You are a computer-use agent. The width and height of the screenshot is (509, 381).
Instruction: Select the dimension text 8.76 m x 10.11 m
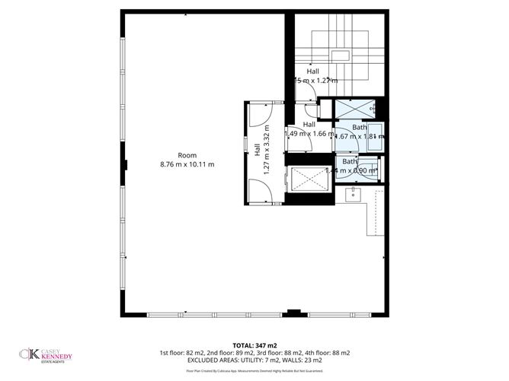[x=187, y=164]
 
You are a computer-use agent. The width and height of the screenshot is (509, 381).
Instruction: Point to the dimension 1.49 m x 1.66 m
[x=309, y=134]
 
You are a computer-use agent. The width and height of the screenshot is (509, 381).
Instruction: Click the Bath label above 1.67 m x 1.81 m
[x=360, y=128]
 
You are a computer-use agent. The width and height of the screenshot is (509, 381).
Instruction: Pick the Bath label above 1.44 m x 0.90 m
[x=350, y=161]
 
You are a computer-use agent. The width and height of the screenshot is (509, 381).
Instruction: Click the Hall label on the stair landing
[x=312, y=71]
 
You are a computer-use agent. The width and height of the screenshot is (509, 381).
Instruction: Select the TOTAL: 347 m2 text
[x=254, y=345]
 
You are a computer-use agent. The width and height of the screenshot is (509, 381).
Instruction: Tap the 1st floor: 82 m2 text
[x=183, y=353]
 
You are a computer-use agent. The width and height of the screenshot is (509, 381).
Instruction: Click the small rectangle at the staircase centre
[x=343, y=56]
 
